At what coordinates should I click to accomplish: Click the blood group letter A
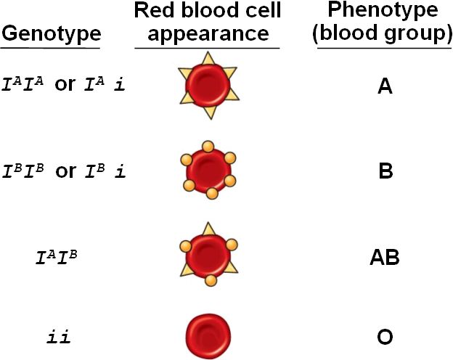click(x=385, y=88)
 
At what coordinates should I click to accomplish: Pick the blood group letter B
click(x=385, y=173)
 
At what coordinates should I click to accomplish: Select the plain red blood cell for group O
click(x=208, y=335)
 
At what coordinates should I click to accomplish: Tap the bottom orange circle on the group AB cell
click(x=211, y=280)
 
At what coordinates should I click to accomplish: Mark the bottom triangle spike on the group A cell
click(x=209, y=113)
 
